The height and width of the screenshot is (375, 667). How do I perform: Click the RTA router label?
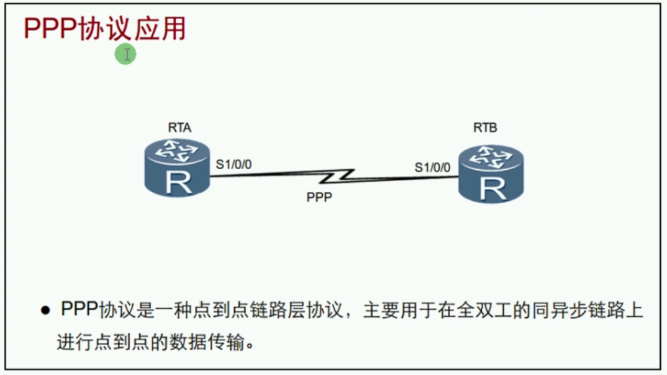179,128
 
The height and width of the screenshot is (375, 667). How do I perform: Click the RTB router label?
485,128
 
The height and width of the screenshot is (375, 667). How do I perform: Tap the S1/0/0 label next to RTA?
234,164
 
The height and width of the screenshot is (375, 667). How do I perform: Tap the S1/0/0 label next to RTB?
432,167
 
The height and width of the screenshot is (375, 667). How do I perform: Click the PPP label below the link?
319,198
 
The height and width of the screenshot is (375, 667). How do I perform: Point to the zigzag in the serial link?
338,176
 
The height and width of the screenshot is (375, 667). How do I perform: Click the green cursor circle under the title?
125,55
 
